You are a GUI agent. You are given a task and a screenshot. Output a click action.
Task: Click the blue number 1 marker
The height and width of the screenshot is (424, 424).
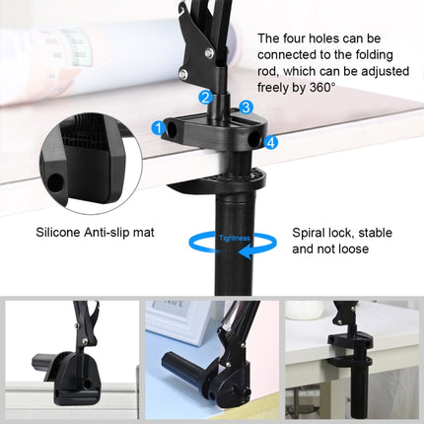(159, 127)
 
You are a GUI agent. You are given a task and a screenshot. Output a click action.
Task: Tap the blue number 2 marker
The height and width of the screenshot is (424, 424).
(205, 97)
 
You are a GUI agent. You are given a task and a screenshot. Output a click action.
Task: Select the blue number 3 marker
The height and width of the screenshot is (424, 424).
(247, 106)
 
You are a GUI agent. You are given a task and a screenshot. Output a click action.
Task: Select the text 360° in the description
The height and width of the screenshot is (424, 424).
(321, 88)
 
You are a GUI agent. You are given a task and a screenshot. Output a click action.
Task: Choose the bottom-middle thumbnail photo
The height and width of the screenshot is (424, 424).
(211, 361)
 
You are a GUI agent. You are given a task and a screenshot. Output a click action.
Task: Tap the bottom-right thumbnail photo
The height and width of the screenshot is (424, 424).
(353, 361)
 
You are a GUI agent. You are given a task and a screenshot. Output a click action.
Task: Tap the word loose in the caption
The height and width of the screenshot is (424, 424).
(352, 250)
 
